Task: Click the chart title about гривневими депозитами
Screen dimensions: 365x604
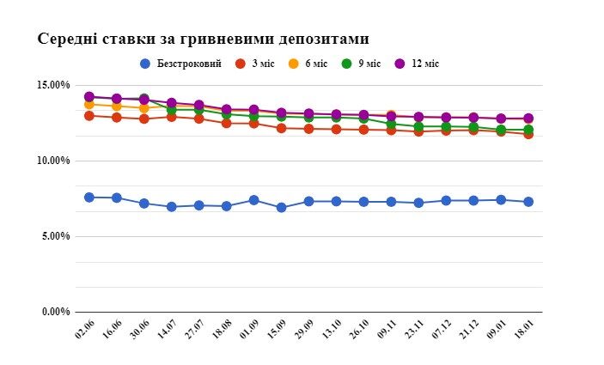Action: pyautogui.click(x=202, y=40)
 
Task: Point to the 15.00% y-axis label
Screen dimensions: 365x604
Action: pyautogui.click(x=53, y=85)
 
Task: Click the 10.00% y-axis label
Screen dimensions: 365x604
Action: pyautogui.click(x=53, y=161)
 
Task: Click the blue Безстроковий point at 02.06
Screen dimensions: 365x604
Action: pyautogui.click(x=89, y=198)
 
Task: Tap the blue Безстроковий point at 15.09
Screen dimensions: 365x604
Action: pyautogui.click(x=281, y=207)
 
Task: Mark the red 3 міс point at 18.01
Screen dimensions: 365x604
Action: pyautogui.click(x=528, y=134)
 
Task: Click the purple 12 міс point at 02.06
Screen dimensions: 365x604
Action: pyautogui.click(x=89, y=97)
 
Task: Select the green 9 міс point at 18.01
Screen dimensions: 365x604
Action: pyautogui.click(x=528, y=130)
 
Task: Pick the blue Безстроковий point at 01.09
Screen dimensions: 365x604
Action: pyautogui.click(x=253, y=200)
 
